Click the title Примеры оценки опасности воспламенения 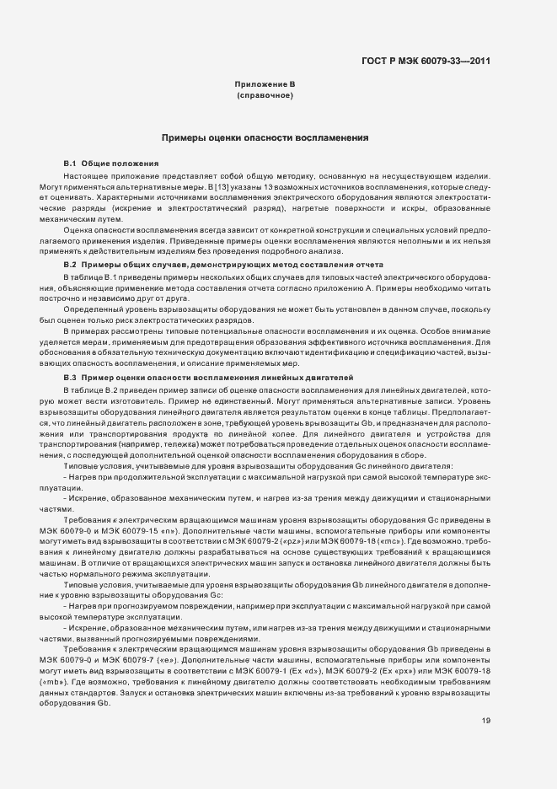click(264, 137)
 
